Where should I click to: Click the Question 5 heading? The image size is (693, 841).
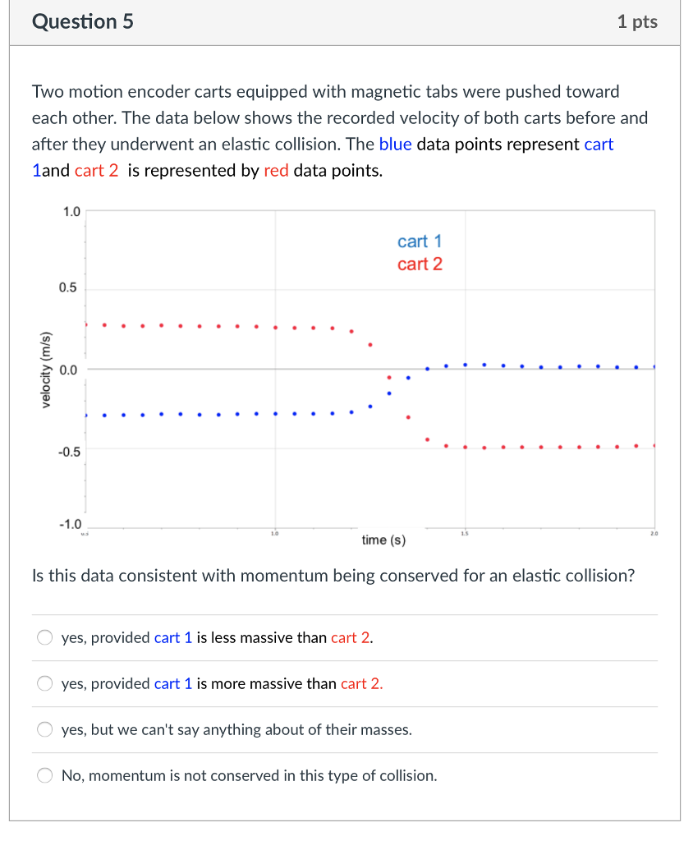coord(82,22)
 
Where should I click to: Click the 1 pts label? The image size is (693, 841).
coord(637,22)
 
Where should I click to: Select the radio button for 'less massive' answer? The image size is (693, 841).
coord(45,638)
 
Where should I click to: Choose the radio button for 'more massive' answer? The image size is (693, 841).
coord(45,684)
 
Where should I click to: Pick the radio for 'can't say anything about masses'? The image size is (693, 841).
coord(45,730)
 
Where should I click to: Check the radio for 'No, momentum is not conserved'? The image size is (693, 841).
coord(45,776)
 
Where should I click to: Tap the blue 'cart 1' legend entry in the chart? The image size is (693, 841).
coord(420,241)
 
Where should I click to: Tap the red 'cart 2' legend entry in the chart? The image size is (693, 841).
coord(420,264)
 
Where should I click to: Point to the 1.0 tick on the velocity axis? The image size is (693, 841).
coord(71,212)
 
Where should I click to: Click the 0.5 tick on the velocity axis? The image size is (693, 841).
coord(68,288)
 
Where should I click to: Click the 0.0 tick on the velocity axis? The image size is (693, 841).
coord(68,370)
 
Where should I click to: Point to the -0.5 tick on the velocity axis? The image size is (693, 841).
coord(69,451)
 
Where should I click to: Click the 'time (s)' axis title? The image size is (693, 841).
coord(383,540)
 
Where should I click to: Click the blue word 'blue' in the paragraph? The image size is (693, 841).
coord(395,145)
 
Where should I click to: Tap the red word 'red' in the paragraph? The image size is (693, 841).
coord(276,172)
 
